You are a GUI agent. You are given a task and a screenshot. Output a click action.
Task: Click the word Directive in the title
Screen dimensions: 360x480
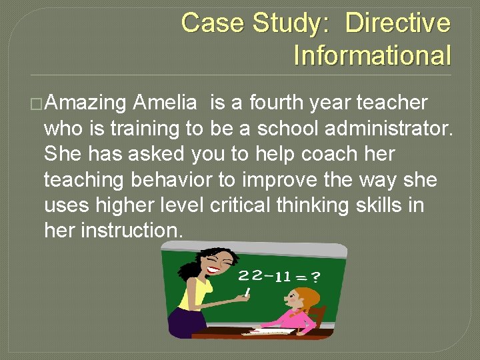[x=397, y=23]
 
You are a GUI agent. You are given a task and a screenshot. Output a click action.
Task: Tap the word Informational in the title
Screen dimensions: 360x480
[x=372, y=55]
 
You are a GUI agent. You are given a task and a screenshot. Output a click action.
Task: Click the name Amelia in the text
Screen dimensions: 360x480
[x=165, y=103]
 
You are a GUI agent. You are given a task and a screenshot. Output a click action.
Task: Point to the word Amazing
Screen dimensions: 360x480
[x=87, y=103]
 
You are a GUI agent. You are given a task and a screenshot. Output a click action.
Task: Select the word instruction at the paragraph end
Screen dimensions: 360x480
[x=131, y=230]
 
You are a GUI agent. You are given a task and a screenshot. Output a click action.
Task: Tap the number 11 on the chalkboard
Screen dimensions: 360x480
[x=282, y=276]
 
